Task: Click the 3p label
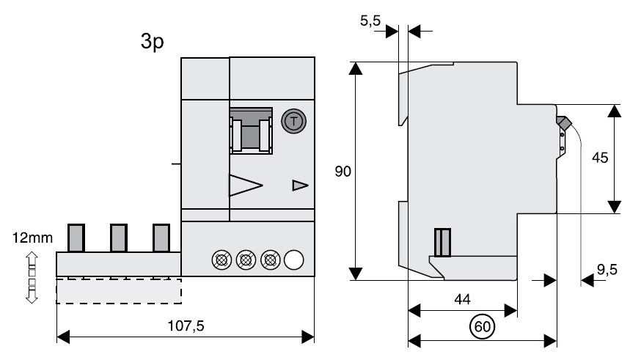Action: coord(152,42)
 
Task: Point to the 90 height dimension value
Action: coord(343,172)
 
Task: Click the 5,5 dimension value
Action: coord(370,22)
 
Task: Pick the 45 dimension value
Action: coord(599,158)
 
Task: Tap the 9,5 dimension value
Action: coord(607,270)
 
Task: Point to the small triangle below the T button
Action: coord(300,185)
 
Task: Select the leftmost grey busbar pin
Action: coord(77,237)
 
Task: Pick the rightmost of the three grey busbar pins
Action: coord(161,237)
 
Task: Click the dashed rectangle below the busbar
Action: coord(118,290)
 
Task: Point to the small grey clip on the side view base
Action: coord(442,242)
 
